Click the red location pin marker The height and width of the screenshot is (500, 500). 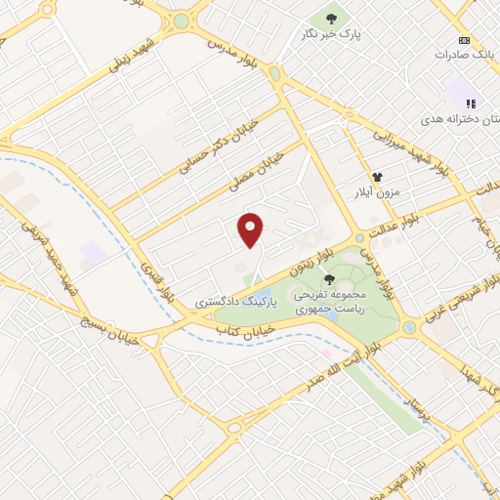[251, 229]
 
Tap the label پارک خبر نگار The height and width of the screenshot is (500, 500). [329, 33]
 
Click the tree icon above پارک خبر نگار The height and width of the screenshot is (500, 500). [330, 17]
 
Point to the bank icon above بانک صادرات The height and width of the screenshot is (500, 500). [464, 40]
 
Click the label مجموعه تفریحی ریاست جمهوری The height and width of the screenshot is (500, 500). [349, 301]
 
